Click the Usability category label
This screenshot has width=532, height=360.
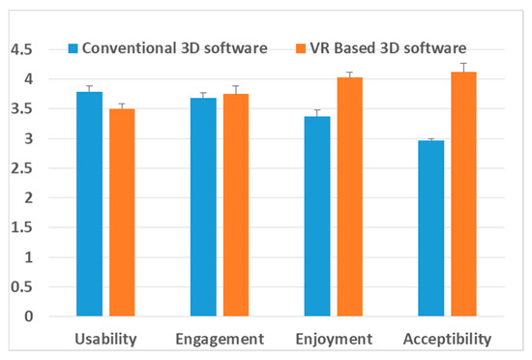(105, 339)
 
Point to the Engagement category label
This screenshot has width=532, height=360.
(219, 339)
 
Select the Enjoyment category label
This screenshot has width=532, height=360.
(333, 339)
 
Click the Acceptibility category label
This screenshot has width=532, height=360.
(446, 339)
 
